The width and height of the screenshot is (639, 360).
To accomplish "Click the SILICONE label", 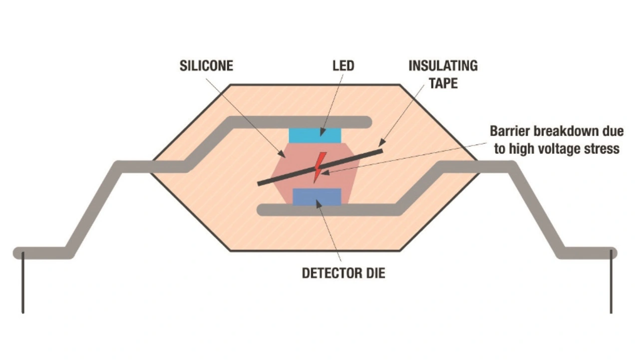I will click(206, 66).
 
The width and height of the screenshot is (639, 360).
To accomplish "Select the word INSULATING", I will click(443, 66).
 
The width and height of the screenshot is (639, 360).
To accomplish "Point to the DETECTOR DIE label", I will click(343, 273).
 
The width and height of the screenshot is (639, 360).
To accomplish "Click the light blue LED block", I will click(315, 135).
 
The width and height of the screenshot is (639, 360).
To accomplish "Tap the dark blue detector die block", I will click(317, 197).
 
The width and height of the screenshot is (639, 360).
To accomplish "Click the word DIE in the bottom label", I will click(374, 273).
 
